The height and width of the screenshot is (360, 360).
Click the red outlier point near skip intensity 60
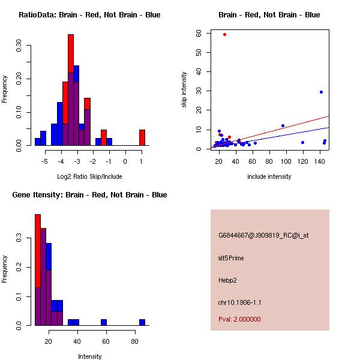coord(224,34)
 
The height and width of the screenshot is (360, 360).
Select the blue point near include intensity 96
coord(283,126)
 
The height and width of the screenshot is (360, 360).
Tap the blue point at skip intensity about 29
coord(321,92)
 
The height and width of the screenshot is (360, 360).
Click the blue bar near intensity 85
coord(142,322)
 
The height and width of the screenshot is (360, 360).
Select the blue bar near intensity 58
coord(103,322)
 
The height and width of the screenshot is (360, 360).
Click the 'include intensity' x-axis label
coord(269,176)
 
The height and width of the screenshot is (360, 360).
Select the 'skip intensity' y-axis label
coord(184,90)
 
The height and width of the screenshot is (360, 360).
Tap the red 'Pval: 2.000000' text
coord(239,319)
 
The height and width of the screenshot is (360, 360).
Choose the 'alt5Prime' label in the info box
coord(231,259)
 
